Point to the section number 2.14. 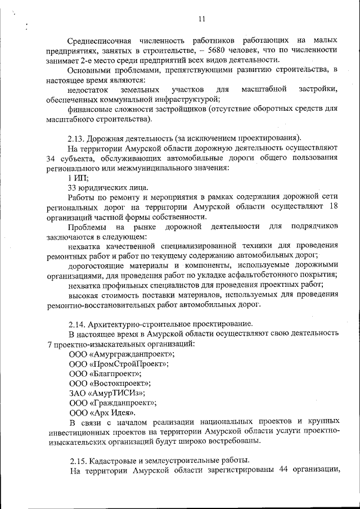coord(77,323)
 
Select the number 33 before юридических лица coord(71,187)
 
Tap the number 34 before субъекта coord(53,158)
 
